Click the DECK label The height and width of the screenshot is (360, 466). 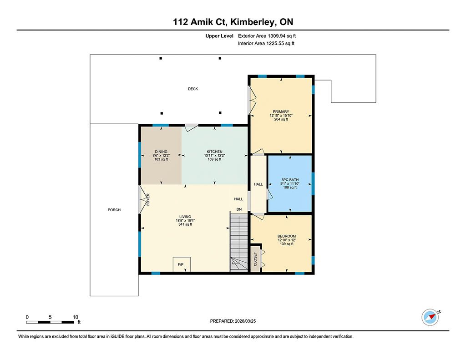tap(193, 89)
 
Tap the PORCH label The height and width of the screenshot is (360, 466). tap(114, 210)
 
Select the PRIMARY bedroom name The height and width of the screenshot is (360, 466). tap(281, 112)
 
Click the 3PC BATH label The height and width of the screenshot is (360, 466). tap(290, 180)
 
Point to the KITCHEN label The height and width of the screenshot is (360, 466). tap(215, 152)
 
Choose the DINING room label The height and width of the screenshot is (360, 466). tap(161, 152)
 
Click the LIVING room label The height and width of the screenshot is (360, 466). tap(185, 217)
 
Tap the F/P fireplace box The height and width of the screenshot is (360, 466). tap(182, 264)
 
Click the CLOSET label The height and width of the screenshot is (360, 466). tap(255, 259)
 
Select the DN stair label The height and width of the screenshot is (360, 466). tap(239, 209)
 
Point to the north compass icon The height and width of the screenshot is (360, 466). tap(431, 317)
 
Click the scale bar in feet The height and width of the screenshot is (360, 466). tap(50, 322)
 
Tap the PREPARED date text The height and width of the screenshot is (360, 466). tap(233, 321)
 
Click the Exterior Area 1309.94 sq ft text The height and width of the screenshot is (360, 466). tap(267, 36)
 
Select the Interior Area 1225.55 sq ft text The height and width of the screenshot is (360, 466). tap(266, 43)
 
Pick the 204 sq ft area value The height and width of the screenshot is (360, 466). tap(281, 120)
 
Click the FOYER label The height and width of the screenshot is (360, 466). tap(148, 199)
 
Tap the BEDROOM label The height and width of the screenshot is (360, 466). tap(287, 236)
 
